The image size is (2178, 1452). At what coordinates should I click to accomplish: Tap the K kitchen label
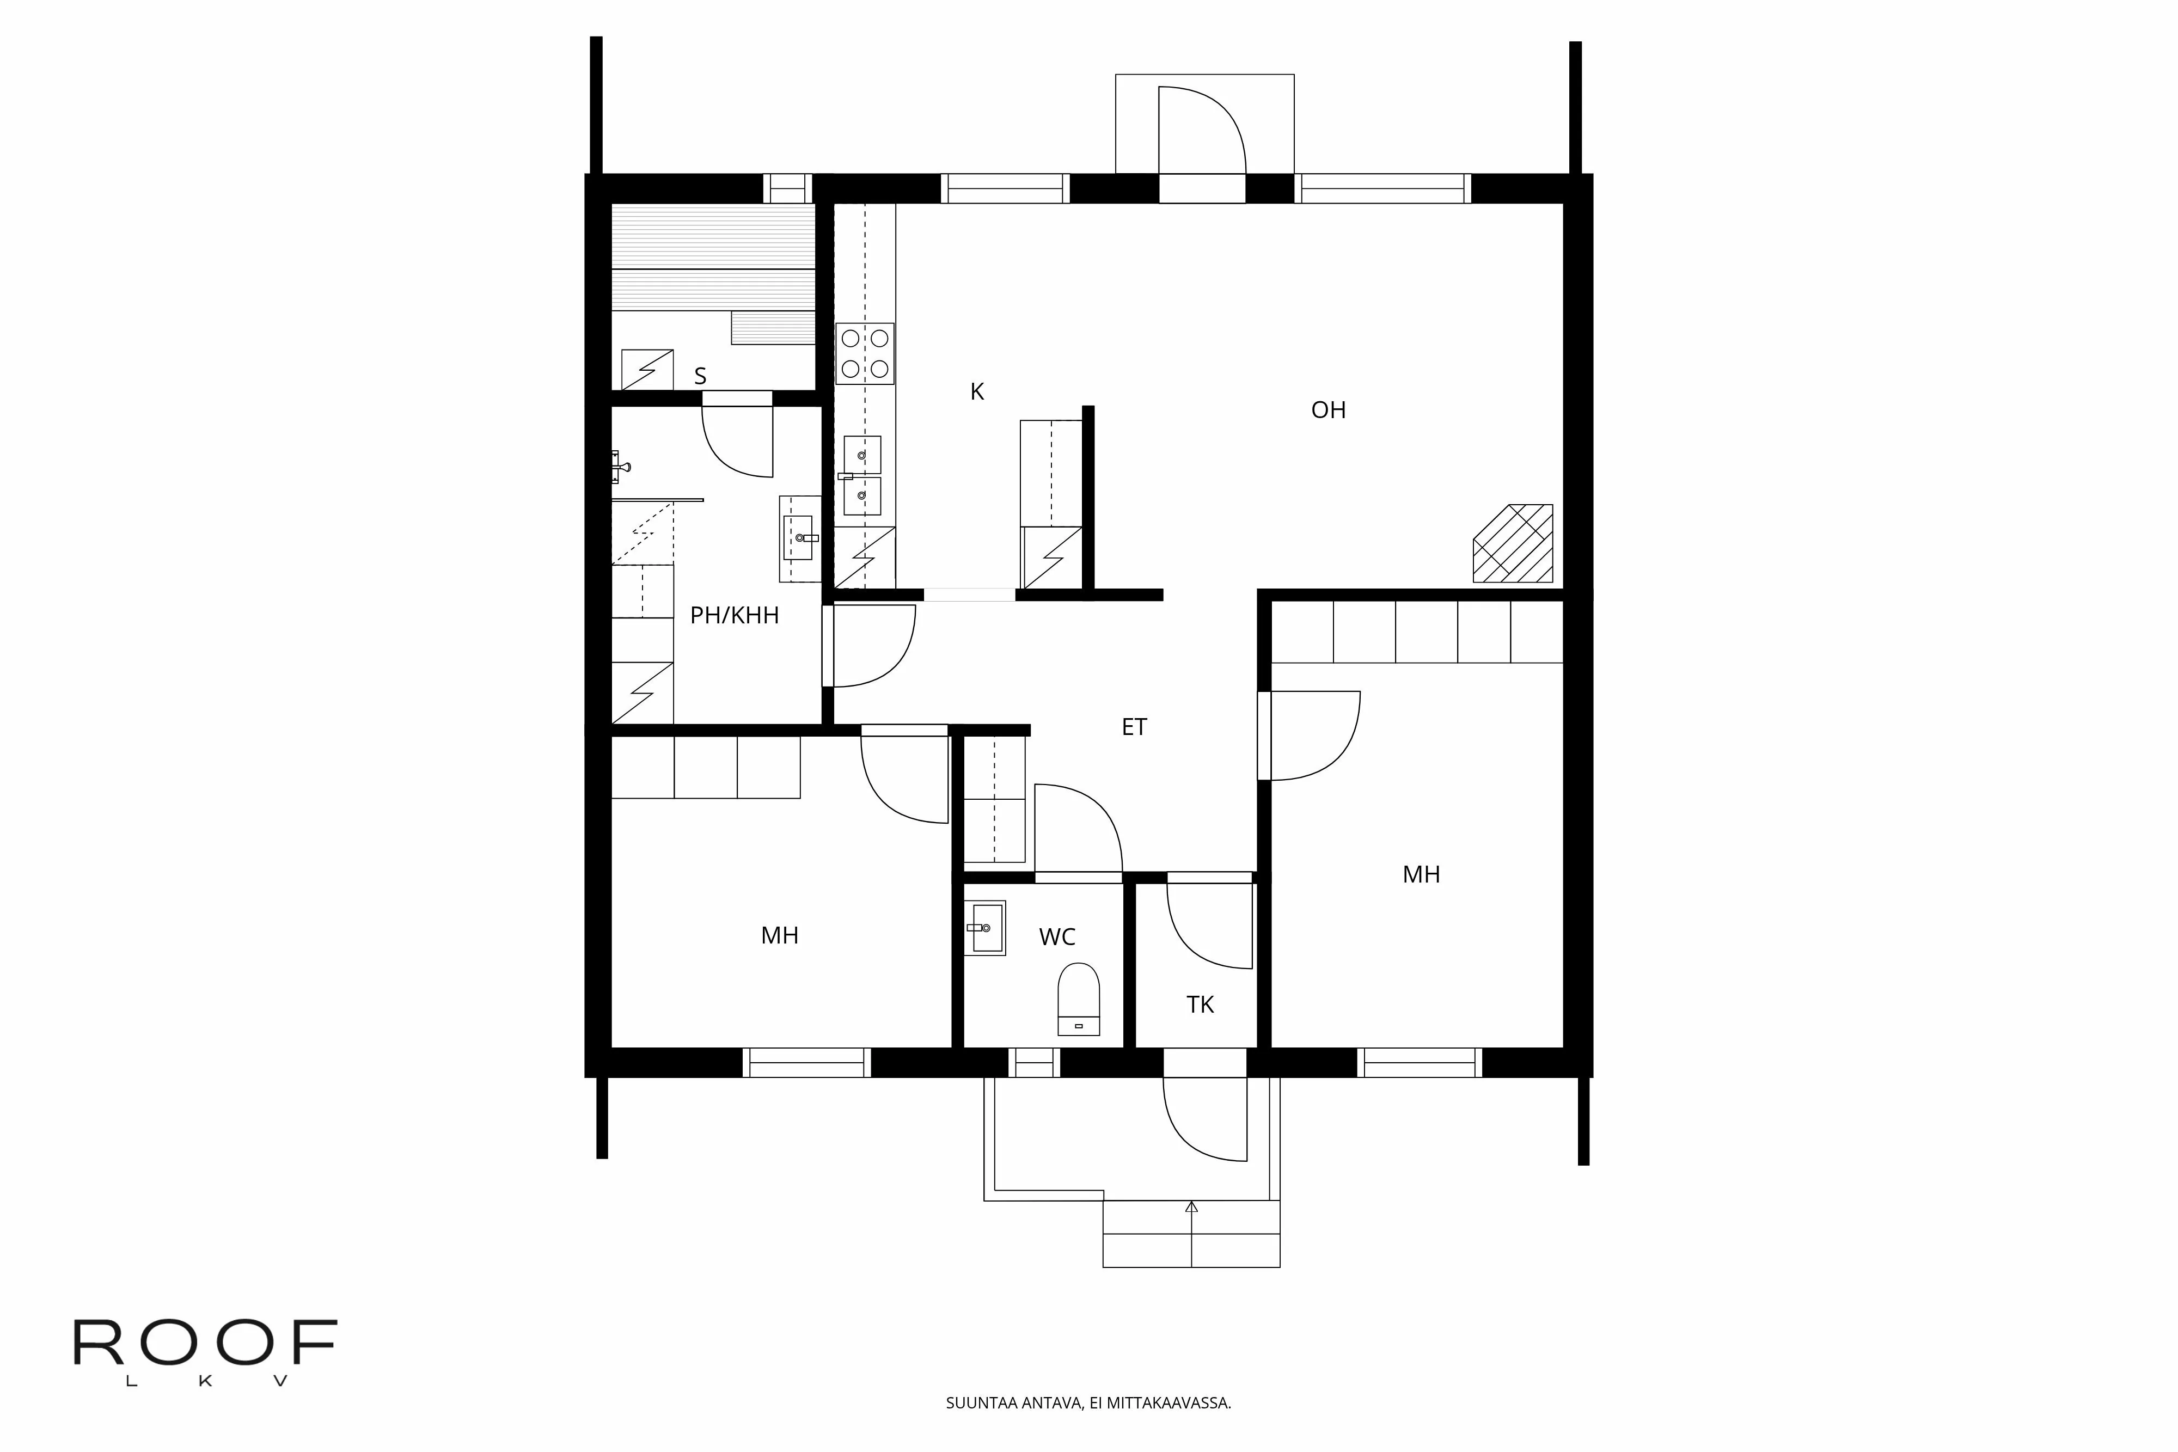tap(976, 391)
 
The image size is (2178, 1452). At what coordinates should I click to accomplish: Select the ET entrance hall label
tap(1134, 727)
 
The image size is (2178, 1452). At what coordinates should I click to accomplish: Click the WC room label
tap(1056, 937)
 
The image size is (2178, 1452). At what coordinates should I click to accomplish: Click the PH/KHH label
tap(735, 616)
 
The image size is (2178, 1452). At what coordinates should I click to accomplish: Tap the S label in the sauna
tap(700, 377)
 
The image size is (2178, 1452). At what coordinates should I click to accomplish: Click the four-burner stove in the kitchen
tap(865, 354)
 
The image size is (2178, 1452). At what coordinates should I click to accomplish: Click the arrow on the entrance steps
tap(1192, 1206)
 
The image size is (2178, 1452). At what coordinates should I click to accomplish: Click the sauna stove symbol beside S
tap(646, 370)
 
